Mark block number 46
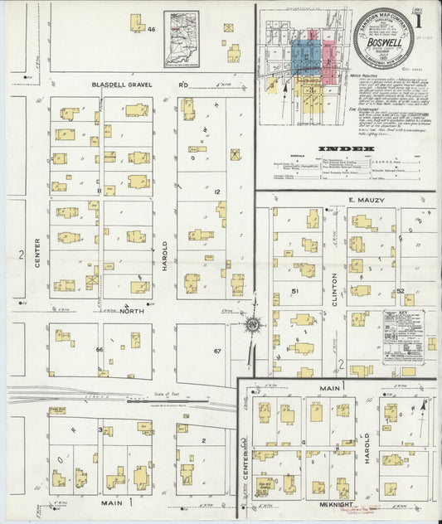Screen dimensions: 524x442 [151, 29]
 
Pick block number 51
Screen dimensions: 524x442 [295, 291]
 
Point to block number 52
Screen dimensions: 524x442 [400, 291]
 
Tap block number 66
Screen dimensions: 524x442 [100, 350]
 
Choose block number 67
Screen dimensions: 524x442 [217, 352]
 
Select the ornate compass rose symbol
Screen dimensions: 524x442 [252, 324]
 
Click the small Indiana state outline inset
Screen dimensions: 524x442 [182, 37]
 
